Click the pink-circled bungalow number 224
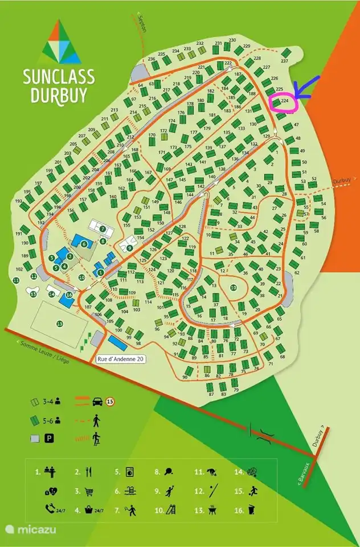point(284,102)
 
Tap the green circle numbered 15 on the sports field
point(60,324)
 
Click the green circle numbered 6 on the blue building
point(84,244)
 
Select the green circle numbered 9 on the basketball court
point(130,248)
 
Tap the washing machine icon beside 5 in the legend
point(130,472)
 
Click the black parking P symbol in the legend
point(57,438)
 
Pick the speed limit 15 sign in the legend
point(110,402)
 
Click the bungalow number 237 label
point(285,61)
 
